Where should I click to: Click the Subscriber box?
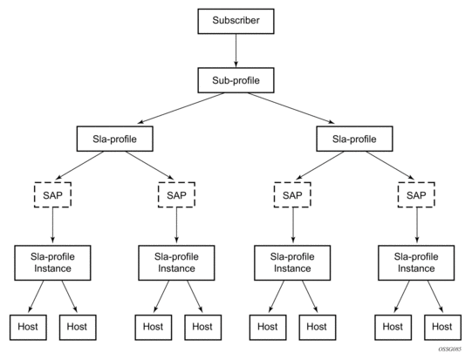tap(236, 21)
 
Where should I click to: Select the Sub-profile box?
tap(236, 80)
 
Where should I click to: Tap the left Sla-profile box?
tap(114, 139)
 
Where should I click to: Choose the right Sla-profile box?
tap(354, 139)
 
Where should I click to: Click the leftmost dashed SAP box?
tap(52, 195)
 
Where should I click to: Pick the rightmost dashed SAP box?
tap(416, 195)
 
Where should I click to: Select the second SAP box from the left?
tap(176, 195)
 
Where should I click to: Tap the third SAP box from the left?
tap(292, 195)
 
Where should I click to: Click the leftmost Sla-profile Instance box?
tap(52, 263)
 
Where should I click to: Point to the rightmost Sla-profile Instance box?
tap(416, 263)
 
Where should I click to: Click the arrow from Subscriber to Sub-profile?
tap(236, 51)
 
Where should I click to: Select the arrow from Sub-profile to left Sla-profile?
tap(181, 108)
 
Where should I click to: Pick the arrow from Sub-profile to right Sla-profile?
tap(291, 108)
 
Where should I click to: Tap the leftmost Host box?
tap(28, 328)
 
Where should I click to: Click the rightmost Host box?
tap(442, 328)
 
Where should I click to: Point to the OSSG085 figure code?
tap(449, 350)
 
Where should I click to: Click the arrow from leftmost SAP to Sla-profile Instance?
tap(52, 225)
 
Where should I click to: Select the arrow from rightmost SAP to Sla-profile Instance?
tap(417, 225)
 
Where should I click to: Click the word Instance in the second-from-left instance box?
tap(176, 268)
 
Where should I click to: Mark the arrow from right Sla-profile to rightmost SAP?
tap(390, 166)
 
